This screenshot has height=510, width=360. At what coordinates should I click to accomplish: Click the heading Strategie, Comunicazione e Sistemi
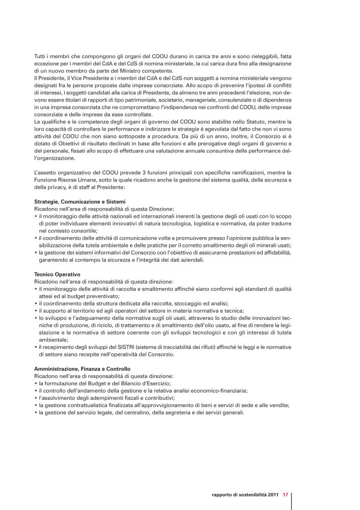80,202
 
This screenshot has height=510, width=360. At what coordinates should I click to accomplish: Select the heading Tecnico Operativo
57,274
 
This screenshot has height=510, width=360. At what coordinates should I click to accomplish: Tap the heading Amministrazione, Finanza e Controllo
82,368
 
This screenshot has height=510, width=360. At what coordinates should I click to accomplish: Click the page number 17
286,494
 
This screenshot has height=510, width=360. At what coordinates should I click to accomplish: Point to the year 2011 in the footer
272,494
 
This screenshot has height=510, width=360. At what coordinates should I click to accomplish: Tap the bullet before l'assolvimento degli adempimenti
36,398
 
